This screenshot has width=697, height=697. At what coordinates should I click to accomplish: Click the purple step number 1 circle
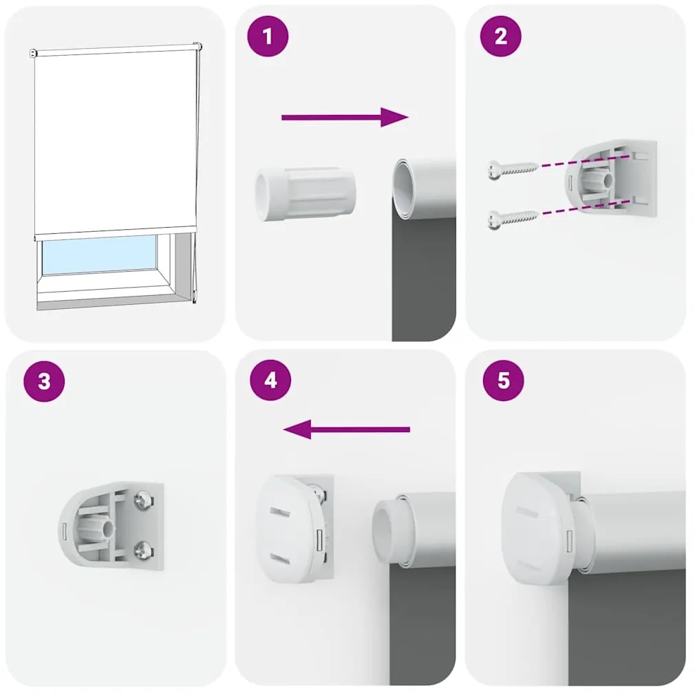267,36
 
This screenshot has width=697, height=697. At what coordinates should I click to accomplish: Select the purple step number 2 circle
500,36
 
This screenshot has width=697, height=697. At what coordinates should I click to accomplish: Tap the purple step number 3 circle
44,381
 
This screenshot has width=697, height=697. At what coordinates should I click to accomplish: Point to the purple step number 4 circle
270,380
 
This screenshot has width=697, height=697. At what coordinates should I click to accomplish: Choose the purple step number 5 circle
503,380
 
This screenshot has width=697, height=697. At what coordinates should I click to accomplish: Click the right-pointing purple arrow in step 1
345,117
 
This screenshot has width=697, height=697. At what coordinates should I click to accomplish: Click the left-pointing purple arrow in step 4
346,430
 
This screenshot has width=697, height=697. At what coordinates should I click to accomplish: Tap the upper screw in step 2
512,168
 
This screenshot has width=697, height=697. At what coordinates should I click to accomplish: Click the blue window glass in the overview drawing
100,255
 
